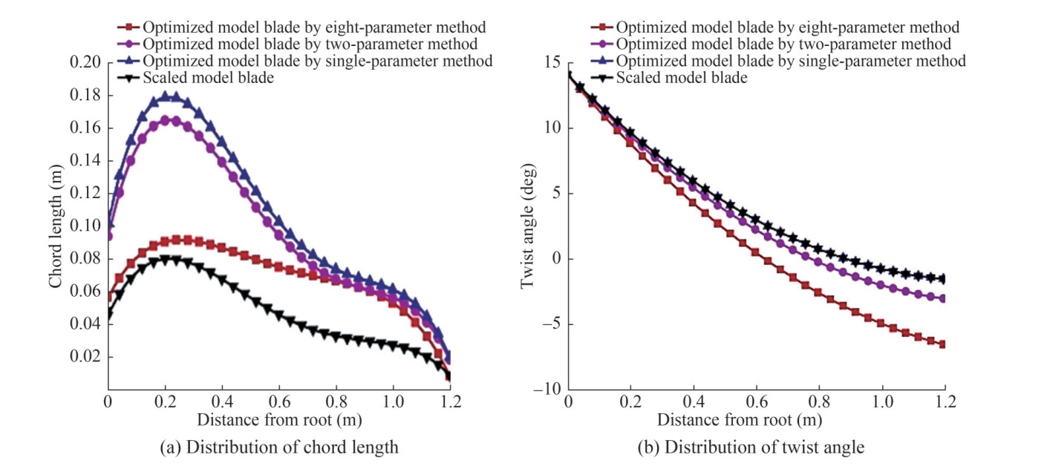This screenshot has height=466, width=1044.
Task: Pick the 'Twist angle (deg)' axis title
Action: click(x=526, y=226)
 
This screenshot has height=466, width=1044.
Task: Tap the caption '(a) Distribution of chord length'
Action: click(x=278, y=447)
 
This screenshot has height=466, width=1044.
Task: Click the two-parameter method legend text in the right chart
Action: click(x=783, y=45)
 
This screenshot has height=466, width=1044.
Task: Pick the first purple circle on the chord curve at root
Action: click(x=108, y=237)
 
